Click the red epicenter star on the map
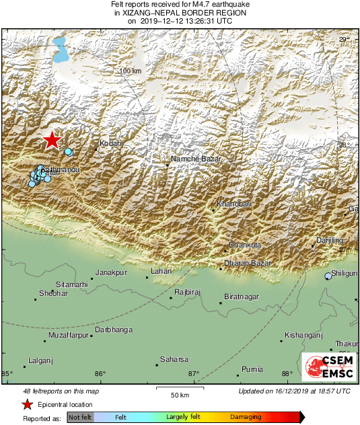(52, 140)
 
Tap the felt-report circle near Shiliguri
(328, 276)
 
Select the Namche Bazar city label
(196, 158)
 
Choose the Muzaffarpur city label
(69, 334)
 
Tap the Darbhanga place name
(114, 330)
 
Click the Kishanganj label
(304, 334)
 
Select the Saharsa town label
(174, 359)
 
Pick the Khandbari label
(233, 204)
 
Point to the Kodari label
(110, 143)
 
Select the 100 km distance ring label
(131, 71)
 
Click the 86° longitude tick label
(100, 374)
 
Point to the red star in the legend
(27, 404)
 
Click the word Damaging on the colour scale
(246, 418)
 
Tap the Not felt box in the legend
(80, 418)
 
